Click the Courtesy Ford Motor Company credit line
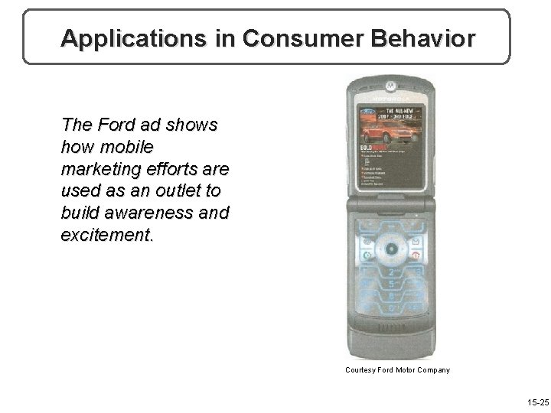pos(397,370)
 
